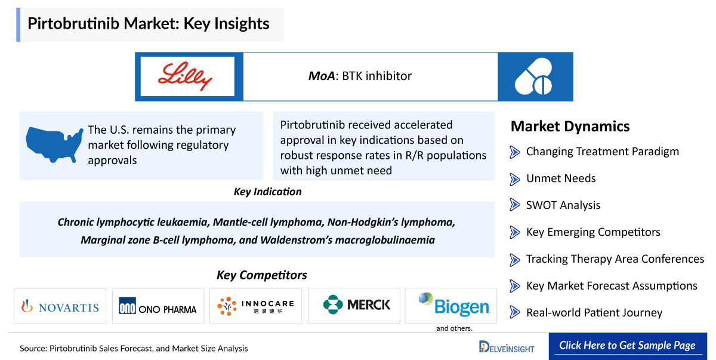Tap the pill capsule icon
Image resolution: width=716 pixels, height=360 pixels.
pyautogui.click(x=535, y=77)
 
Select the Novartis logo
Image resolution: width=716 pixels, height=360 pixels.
pyautogui.click(x=60, y=306)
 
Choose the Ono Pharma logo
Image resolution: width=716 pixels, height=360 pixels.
pyautogui.click(x=158, y=306)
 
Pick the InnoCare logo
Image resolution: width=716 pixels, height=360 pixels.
pyautogui.click(x=255, y=306)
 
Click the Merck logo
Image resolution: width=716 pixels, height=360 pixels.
pyautogui.click(x=356, y=305)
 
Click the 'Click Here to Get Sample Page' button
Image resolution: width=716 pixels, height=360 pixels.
pyautogui.click(x=626, y=346)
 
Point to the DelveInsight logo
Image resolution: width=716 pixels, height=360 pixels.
pyautogui.click(x=507, y=347)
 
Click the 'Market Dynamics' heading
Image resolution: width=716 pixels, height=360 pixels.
pyautogui.click(x=570, y=127)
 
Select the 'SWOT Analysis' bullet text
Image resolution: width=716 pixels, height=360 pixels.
pyautogui.click(x=563, y=205)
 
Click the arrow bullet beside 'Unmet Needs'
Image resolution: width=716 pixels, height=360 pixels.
pyautogui.click(x=514, y=179)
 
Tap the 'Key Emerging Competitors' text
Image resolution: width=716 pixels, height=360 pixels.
pyautogui.click(x=593, y=232)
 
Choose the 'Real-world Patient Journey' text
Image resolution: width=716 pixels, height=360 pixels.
pyautogui.click(x=594, y=313)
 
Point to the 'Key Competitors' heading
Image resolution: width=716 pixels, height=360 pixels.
pyautogui.click(x=261, y=275)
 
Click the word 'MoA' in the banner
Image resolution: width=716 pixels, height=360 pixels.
pyautogui.click(x=321, y=76)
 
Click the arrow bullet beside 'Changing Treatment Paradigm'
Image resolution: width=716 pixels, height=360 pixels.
pyautogui.click(x=514, y=152)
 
